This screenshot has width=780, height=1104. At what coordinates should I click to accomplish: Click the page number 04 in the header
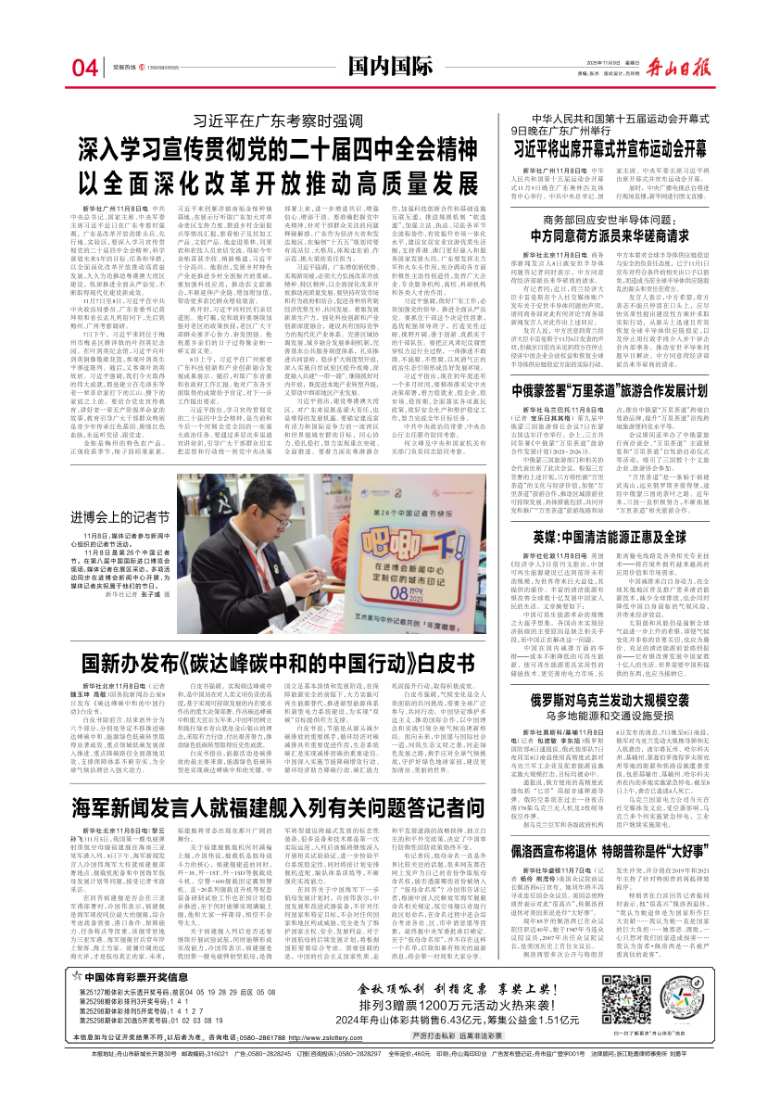tap(84, 68)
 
